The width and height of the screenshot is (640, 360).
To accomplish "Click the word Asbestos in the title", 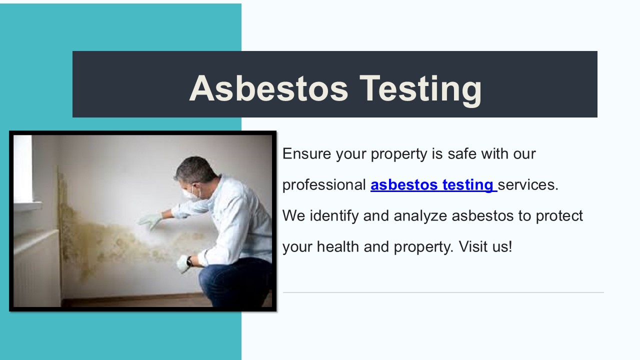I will pos(268,88).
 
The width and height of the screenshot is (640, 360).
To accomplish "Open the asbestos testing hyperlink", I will pos(433,185).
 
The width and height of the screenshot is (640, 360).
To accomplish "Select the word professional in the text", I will pos(324,185).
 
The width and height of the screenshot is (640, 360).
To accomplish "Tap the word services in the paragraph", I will pos(527,185).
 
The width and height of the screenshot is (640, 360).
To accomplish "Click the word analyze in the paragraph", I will pos(420,216).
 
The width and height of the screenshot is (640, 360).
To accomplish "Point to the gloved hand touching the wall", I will pos(150,220).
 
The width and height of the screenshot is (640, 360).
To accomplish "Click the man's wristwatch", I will pos(189,261).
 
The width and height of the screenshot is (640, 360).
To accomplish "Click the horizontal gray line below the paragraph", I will pos(443,292).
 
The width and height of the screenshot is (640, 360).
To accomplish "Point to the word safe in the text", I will pos(462,153).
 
